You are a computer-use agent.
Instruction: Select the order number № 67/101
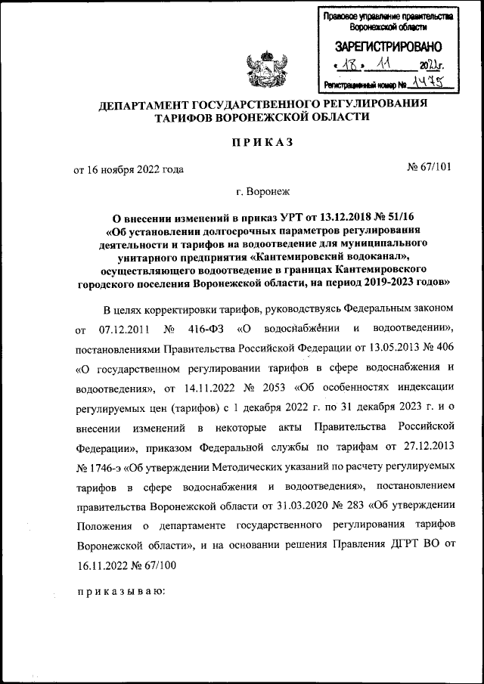coord(429,168)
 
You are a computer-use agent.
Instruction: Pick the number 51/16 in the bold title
coord(407,218)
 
